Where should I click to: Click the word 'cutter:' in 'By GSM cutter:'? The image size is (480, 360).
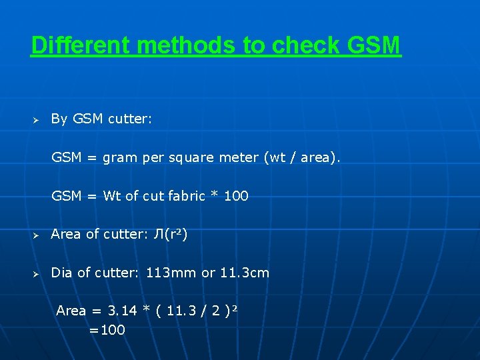pyautogui.click(x=130, y=119)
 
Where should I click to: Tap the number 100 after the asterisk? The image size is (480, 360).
pyautogui.click(x=236, y=196)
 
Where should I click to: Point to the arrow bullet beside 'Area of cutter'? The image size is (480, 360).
pyautogui.click(x=37, y=235)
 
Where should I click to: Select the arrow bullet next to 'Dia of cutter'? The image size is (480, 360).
pyautogui.click(x=37, y=274)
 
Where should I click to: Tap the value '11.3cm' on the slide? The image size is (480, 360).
pyautogui.click(x=245, y=273)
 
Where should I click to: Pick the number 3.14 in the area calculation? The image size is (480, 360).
pyautogui.click(x=123, y=311)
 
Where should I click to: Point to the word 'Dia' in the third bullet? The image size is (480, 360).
pyautogui.click(x=61, y=273)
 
